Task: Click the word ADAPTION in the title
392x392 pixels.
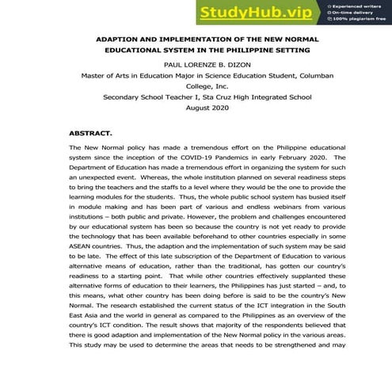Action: tap(120, 38)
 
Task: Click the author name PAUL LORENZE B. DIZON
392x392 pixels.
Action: tap(196, 64)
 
